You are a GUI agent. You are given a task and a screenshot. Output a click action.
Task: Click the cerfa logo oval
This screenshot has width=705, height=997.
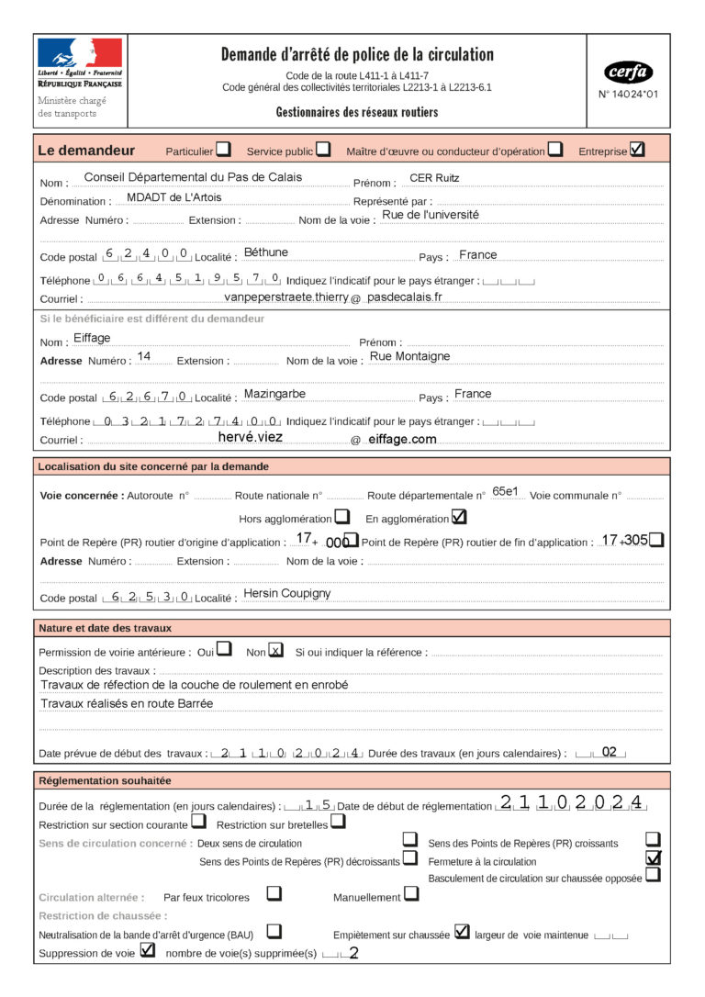(629, 72)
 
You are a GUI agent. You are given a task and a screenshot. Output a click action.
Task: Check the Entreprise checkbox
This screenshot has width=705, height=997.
(638, 149)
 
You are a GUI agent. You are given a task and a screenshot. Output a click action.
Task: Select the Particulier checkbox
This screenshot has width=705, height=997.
(223, 150)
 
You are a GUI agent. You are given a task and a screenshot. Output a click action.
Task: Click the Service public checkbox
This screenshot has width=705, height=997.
(323, 150)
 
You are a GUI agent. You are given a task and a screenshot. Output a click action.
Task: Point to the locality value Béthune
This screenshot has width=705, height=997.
(266, 252)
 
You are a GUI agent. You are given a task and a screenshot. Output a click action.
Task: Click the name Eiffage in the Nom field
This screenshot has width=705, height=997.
(92, 339)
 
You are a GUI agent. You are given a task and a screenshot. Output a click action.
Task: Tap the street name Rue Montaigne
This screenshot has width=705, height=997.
(409, 356)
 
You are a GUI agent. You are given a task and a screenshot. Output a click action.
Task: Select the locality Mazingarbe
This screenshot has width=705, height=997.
(274, 394)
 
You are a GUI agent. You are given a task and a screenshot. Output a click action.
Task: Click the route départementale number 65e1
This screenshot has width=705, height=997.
(506, 491)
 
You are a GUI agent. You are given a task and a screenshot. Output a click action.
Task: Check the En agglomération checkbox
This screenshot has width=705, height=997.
(459, 517)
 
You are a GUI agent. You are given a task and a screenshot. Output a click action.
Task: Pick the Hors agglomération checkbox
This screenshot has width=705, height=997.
(341, 517)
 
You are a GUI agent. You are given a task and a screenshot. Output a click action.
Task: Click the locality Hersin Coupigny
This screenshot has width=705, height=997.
(286, 594)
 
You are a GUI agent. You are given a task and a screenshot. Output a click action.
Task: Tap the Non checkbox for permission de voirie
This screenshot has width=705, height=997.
(275, 651)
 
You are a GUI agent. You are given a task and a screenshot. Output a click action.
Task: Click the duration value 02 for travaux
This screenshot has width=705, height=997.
(609, 751)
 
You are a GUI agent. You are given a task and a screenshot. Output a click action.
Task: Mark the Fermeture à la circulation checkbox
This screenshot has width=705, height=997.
(654, 858)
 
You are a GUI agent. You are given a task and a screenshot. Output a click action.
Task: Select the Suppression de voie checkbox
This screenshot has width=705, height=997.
(148, 951)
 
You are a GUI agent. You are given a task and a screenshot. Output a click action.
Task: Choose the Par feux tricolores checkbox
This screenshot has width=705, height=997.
(274, 893)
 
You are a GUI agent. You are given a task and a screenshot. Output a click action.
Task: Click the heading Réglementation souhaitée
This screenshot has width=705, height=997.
(104, 780)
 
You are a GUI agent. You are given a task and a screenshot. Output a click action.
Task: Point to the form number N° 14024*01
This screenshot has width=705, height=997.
(629, 94)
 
